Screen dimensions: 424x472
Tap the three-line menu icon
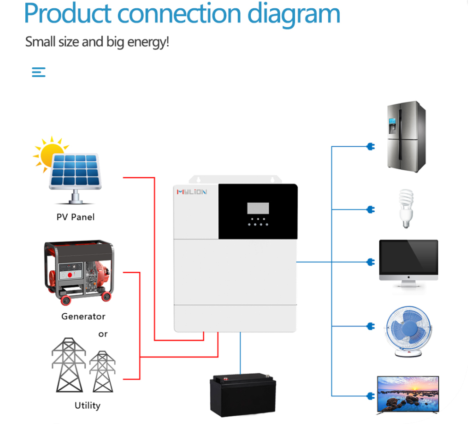(39, 72)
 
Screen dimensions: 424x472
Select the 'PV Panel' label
(75, 217)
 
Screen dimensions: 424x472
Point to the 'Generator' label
(83, 317)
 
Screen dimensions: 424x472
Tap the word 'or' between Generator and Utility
(103, 334)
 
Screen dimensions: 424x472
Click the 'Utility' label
(87, 406)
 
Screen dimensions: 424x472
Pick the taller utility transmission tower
(68, 364)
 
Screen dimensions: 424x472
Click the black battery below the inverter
(242, 394)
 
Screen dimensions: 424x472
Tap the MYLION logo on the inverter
(192, 192)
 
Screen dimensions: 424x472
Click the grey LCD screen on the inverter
(258, 208)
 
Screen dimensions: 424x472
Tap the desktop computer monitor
(408, 263)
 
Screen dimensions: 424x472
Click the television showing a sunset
(408, 393)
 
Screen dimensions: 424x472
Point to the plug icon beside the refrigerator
(370, 147)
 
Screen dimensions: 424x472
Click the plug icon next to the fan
(370, 327)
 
